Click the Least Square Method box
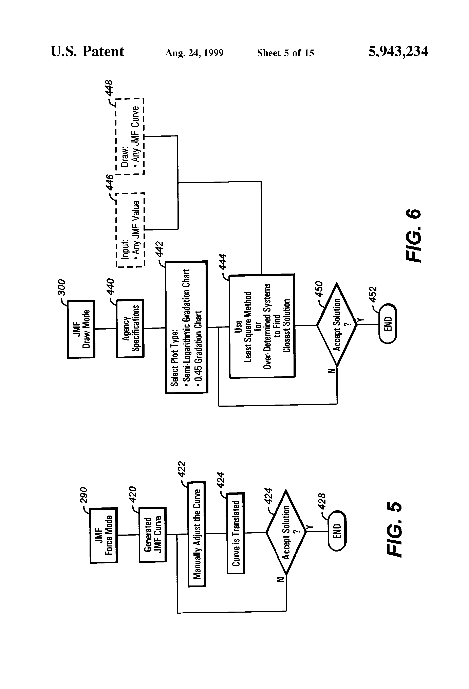coord(262,326)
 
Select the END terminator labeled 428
coord(337,531)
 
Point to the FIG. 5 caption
coord(395,530)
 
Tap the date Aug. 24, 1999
coord(194,53)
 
